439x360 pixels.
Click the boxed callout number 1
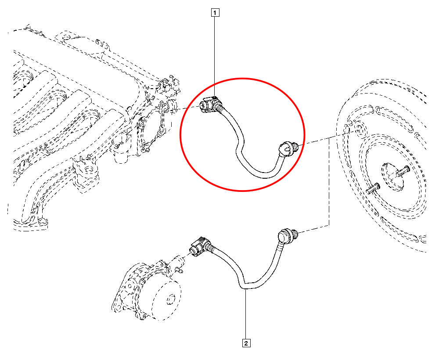(x=215, y=13)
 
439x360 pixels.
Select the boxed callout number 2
(x=246, y=343)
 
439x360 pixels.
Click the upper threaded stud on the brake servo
(x=403, y=171)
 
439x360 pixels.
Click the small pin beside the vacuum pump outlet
(x=178, y=270)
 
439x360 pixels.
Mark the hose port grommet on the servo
(x=359, y=130)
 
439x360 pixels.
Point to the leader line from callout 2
(x=246, y=315)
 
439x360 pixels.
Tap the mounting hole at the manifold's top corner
(x=65, y=37)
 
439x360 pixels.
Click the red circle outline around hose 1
(x=242, y=135)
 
